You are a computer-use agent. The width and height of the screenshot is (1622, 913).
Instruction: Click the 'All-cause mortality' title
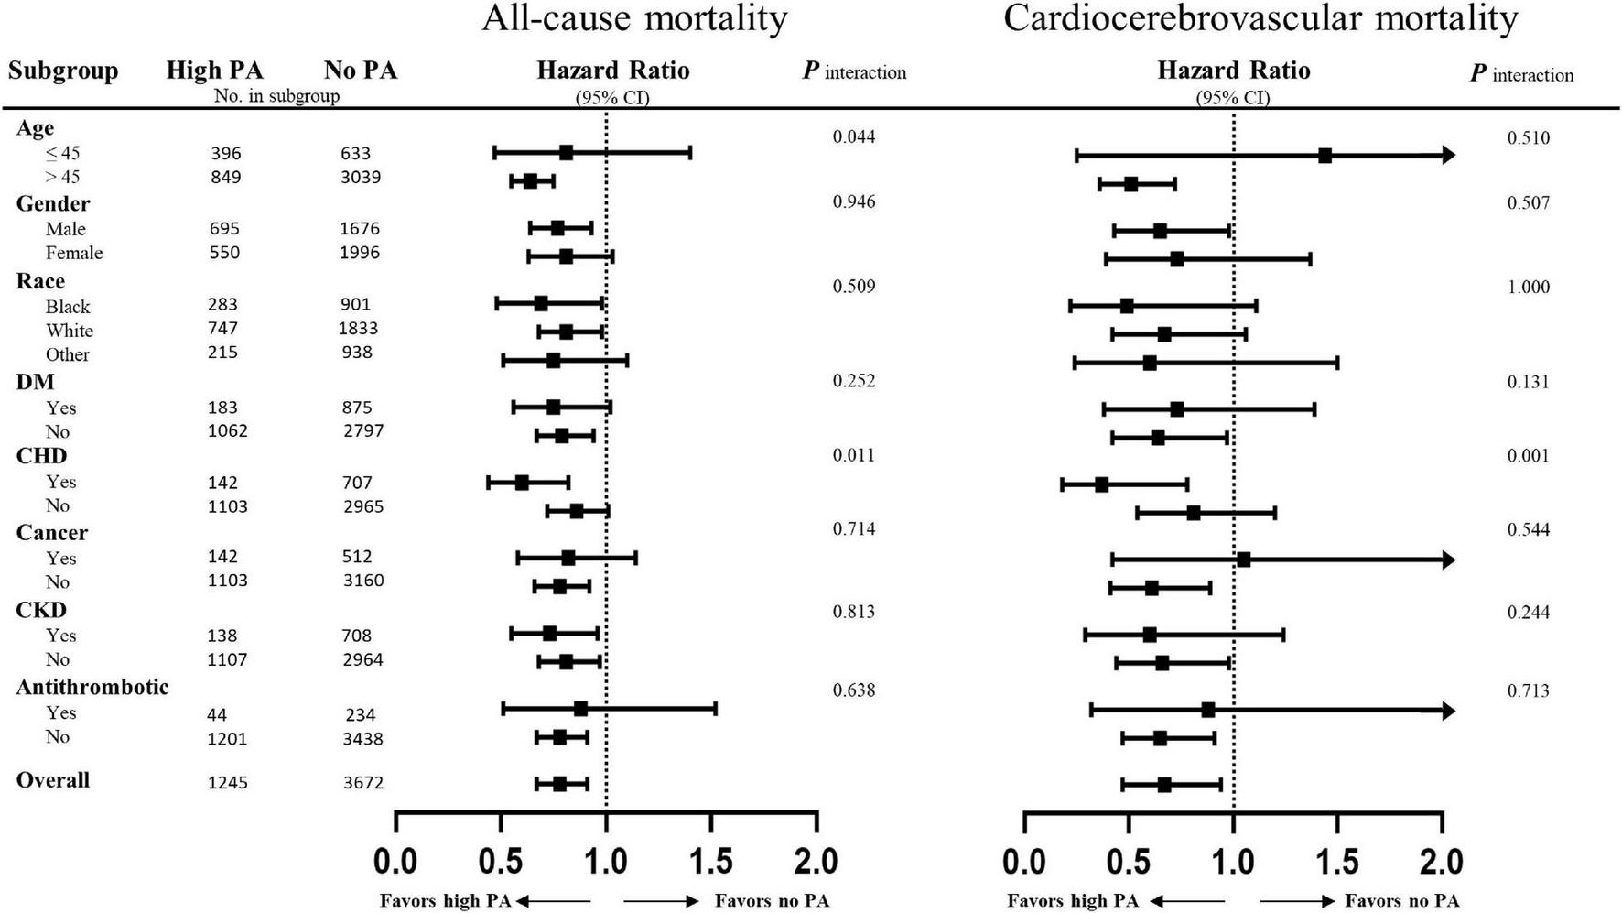point(634,18)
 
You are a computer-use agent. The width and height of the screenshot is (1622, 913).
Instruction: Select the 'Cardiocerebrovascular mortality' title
point(1260,18)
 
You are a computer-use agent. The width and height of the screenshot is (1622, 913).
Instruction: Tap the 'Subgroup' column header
point(63,71)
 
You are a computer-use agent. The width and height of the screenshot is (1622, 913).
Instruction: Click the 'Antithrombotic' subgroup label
point(92,687)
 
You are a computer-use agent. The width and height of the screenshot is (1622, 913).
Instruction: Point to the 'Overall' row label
point(53,780)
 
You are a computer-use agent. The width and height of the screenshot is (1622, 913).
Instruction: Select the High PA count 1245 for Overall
point(227,783)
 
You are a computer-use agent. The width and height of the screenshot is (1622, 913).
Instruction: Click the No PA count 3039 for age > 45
point(361,177)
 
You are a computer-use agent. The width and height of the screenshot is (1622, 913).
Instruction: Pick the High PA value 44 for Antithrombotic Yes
point(217,715)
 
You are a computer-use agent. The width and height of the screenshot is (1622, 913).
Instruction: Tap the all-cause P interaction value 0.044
point(853,137)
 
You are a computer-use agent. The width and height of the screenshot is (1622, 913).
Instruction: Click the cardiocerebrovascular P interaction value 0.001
point(1528,456)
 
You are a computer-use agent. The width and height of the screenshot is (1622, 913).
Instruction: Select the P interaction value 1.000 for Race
point(1528,288)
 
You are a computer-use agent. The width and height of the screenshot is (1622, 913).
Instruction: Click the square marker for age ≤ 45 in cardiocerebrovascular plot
point(1325,156)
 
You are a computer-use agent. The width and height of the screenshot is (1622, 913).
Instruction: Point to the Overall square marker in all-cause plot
point(559,784)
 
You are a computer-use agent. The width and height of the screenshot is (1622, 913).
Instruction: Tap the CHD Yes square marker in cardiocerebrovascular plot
point(1101,484)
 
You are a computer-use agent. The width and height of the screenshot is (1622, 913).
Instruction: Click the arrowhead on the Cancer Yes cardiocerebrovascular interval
point(1448,560)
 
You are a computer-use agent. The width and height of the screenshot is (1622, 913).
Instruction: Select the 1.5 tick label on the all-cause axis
point(711,862)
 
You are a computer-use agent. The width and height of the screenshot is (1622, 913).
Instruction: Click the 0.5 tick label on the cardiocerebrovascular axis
point(1129,862)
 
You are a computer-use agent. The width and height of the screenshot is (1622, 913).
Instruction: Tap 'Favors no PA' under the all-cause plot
point(772,901)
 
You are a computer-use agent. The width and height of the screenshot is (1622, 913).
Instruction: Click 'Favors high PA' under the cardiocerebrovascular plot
point(1073,901)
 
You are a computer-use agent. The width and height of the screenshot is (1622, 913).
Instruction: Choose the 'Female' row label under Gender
point(74,253)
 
